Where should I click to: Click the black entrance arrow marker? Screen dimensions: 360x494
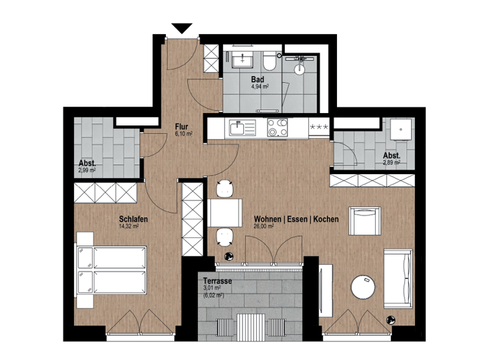point(183,28)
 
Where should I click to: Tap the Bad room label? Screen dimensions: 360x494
point(257,80)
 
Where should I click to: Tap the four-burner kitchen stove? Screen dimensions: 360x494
point(278,128)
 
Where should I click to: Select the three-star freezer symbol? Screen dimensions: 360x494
point(319,127)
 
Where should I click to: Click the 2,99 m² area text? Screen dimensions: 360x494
point(87,171)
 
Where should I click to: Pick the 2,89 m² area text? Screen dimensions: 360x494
point(392,163)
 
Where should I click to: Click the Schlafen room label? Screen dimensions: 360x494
point(133,219)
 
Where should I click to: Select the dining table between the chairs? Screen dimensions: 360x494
point(224,213)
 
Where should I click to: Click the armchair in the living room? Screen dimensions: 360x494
point(365,221)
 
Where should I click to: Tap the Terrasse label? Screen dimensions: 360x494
point(217,282)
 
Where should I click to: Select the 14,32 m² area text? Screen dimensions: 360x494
point(129,227)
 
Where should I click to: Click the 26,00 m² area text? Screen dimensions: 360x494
point(264,227)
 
